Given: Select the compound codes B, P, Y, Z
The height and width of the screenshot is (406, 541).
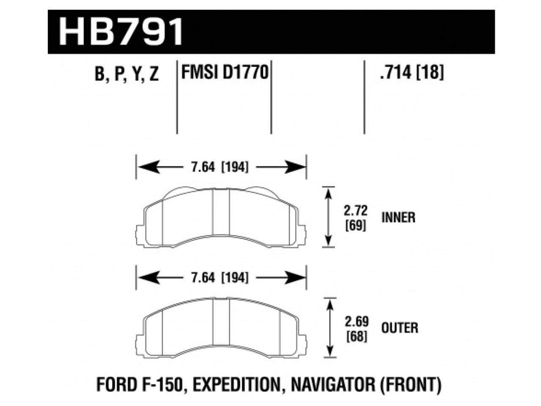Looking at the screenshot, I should [126, 75].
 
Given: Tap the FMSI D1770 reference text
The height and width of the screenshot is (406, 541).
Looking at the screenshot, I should [225, 73].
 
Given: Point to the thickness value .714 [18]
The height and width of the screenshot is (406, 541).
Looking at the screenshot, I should [412, 74].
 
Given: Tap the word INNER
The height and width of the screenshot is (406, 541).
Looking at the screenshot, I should [398, 217].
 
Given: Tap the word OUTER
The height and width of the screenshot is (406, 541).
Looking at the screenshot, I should [400, 328].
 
